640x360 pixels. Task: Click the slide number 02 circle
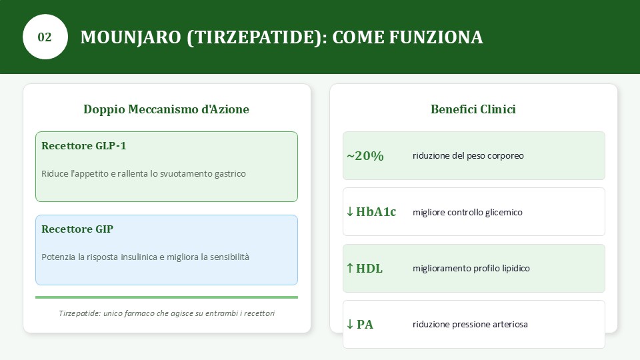(x=45, y=37)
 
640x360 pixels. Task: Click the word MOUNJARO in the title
(x=131, y=37)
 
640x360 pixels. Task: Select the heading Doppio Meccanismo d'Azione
(x=166, y=109)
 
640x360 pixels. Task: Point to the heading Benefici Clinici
(x=473, y=109)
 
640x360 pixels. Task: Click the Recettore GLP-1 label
(x=84, y=146)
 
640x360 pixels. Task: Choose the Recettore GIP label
(x=77, y=229)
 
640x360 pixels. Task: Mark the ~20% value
(x=365, y=156)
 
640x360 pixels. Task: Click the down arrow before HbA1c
(x=350, y=211)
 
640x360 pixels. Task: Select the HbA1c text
(x=376, y=212)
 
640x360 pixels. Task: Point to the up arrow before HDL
(x=350, y=268)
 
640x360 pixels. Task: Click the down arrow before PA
(x=350, y=324)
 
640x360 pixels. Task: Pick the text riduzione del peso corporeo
(x=468, y=156)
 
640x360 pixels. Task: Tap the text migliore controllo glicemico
(x=467, y=212)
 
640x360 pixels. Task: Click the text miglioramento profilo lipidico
(x=471, y=268)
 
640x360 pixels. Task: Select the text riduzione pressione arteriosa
(x=470, y=325)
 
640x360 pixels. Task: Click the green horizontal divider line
(x=167, y=297)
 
